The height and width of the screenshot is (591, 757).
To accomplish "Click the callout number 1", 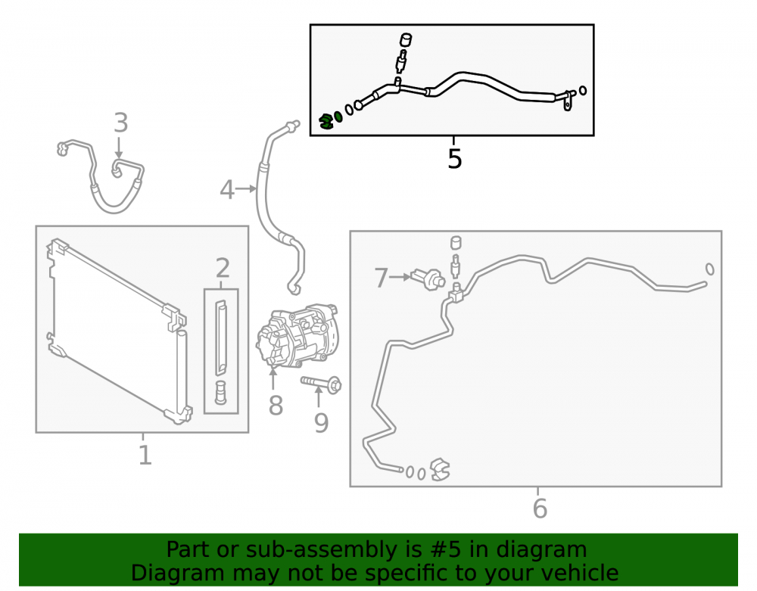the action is coord(145,455).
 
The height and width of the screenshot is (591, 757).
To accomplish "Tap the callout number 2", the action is coord(222,268).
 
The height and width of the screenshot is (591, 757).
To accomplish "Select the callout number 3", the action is coord(120,123).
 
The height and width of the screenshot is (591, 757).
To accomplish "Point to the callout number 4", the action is coord(227,190).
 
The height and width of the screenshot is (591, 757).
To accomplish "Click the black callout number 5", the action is coord(454,159).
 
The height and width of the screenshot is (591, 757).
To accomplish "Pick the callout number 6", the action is coord(540,508).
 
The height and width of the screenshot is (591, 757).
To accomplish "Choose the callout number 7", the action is coord(382,278).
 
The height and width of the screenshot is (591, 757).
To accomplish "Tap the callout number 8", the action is coord(276,406).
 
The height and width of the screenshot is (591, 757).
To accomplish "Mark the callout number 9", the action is coord(321,422).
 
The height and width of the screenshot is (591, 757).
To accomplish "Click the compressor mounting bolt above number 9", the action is coord(321,384).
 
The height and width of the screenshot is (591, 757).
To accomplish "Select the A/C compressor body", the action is coord(297,335).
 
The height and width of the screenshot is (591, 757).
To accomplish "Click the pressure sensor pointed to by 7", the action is coord(428,279).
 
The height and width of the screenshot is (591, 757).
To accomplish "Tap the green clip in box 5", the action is coord(327,120).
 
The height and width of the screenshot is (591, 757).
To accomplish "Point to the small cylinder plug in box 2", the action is coord(220,392).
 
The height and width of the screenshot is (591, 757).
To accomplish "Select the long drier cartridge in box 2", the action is coord(220,337).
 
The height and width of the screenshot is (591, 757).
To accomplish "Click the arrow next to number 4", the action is coord(246,188).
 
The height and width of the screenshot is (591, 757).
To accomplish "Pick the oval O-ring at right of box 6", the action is coord(710,269).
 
